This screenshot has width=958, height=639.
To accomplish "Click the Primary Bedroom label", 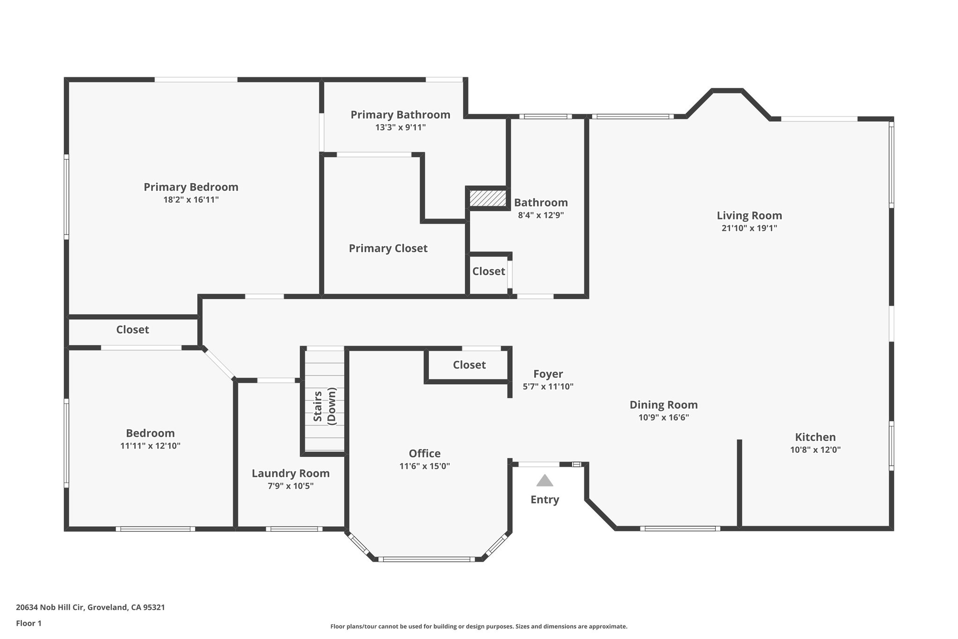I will (x=191, y=187).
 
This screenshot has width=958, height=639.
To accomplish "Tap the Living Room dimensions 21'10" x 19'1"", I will (x=749, y=228).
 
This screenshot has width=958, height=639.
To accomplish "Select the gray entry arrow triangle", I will (x=544, y=481).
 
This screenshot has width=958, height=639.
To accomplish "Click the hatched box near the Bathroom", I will (x=488, y=198).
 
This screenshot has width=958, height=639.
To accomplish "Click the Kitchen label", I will (x=815, y=437).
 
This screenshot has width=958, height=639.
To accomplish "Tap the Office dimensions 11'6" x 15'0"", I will (x=424, y=466).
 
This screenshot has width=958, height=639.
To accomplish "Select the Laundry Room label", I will (x=290, y=473).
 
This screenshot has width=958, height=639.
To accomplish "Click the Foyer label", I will (x=548, y=374).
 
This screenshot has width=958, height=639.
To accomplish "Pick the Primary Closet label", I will (x=388, y=249).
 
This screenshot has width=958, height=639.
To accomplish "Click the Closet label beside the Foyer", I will (x=469, y=365).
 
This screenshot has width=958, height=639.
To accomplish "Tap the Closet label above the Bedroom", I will (x=132, y=330).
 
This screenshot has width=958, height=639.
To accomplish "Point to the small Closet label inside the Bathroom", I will (x=488, y=272).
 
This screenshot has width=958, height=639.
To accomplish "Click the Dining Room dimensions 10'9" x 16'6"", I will (x=663, y=418).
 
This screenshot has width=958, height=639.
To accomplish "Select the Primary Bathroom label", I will (x=400, y=115).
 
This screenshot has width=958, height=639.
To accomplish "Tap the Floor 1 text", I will (x=29, y=623).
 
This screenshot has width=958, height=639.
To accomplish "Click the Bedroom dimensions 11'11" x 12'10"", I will (x=150, y=446).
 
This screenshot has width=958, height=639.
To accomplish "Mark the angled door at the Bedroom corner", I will (x=219, y=363).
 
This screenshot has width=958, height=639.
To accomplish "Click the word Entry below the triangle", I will (x=544, y=499).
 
